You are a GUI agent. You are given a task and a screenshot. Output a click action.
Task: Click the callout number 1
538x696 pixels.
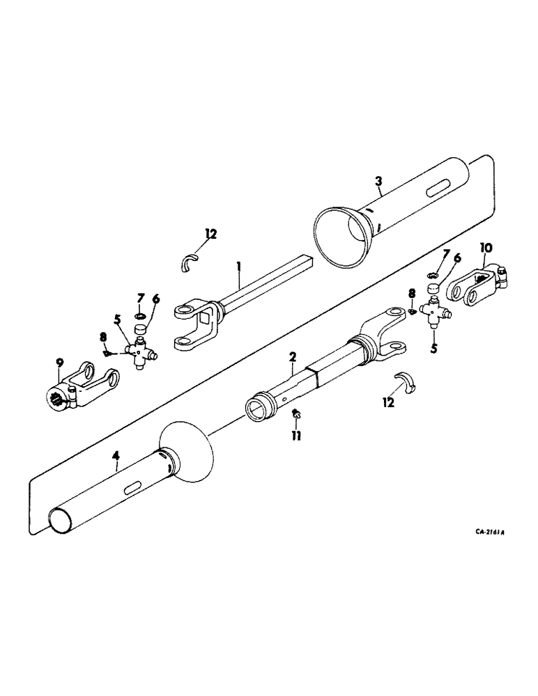(238, 267)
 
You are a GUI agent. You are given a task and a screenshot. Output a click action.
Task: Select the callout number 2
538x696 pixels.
(293, 357)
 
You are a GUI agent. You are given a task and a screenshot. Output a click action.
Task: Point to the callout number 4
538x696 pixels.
(117, 457)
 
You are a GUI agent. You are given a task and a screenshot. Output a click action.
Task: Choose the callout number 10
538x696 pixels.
(486, 247)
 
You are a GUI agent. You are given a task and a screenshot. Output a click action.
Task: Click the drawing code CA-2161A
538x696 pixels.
(490, 532)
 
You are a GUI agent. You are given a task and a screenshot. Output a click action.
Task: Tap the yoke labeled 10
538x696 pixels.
(477, 283)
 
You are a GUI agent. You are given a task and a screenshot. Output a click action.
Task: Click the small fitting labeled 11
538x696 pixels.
(296, 416)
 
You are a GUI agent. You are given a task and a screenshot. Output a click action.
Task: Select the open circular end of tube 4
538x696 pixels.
(60, 521)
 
